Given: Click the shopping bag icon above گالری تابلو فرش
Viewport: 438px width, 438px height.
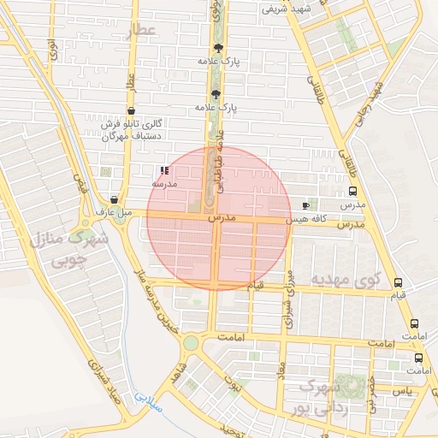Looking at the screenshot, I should pos(130,111).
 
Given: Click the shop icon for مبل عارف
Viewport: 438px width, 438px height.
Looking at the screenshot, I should pos(114,199).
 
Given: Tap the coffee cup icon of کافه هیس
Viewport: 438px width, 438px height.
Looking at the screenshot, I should pos(306,206).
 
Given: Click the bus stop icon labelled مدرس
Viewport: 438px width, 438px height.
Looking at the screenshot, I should pos(352,192).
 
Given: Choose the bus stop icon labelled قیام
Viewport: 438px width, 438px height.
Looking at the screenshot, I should pos(397,282).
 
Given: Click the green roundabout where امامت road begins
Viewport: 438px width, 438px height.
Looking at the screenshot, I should pos(190,343).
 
